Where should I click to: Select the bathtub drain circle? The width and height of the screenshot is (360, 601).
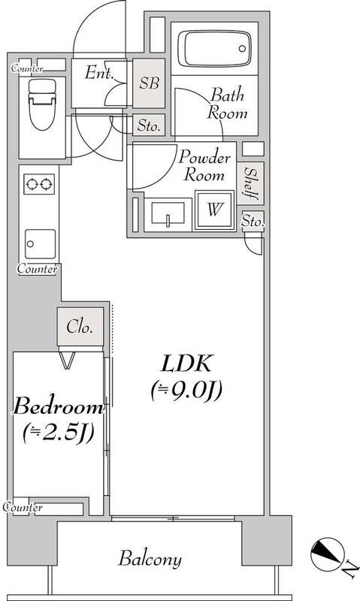(x=242, y=49)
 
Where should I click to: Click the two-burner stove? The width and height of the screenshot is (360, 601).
(x=39, y=184)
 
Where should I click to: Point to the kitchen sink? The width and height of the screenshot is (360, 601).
(x=41, y=243)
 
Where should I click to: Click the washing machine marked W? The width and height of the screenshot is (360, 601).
(x=215, y=210)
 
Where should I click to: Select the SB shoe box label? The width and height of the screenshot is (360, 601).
(x=149, y=83)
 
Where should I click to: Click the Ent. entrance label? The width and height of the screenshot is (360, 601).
(x=100, y=72)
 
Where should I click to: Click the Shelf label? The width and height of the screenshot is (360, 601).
(x=251, y=183)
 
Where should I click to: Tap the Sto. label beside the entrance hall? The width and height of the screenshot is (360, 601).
(x=149, y=125)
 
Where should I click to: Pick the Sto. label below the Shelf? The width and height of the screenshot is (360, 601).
(x=253, y=221)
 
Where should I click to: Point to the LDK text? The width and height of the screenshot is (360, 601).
(x=186, y=364)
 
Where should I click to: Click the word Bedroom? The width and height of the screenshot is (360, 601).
(x=58, y=406)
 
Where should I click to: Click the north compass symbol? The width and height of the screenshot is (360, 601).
(x=326, y=554)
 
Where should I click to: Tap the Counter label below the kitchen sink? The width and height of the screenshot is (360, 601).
(x=37, y=269)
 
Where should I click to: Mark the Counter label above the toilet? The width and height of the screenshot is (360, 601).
(x=26, y=68)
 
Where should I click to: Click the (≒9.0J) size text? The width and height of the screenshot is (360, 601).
(x=186, y=391)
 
